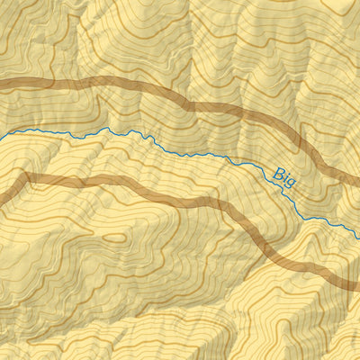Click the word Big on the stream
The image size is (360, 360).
(283, 175)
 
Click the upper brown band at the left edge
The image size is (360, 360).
(2, 85)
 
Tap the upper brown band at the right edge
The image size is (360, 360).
(357, 179)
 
